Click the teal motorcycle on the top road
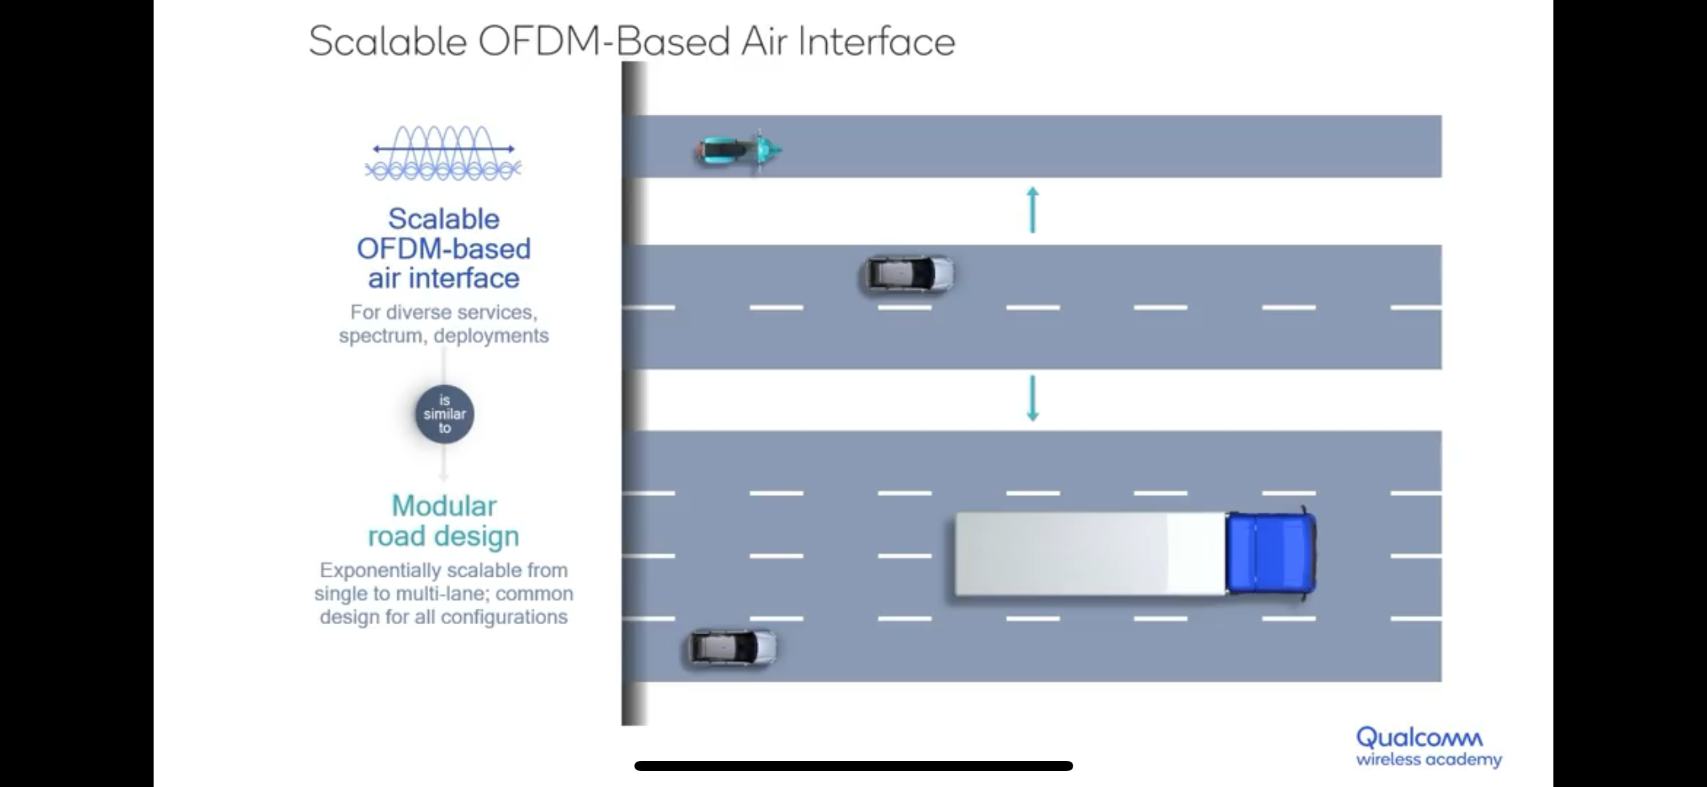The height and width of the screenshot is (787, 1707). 737,150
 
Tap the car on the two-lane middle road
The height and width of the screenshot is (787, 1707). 906,274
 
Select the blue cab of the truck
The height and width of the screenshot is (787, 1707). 1270,553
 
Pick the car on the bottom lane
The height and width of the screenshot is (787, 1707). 732,647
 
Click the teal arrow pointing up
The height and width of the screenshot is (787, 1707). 1032,210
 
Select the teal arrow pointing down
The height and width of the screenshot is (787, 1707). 1032,398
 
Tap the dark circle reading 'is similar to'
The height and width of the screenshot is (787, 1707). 444,414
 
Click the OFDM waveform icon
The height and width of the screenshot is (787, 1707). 443,154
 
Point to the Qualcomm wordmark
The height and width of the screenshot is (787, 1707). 1419,738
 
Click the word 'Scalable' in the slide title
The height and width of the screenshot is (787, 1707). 387,41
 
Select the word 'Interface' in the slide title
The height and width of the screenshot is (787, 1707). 876,41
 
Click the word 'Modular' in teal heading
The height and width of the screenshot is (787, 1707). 444,506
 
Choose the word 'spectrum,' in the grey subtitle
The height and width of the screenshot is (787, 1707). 381,335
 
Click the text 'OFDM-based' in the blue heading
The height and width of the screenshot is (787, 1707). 443,248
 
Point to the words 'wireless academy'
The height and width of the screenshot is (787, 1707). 1429,760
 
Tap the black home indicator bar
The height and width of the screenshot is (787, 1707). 853,766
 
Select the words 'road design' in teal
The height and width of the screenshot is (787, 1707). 443,536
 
